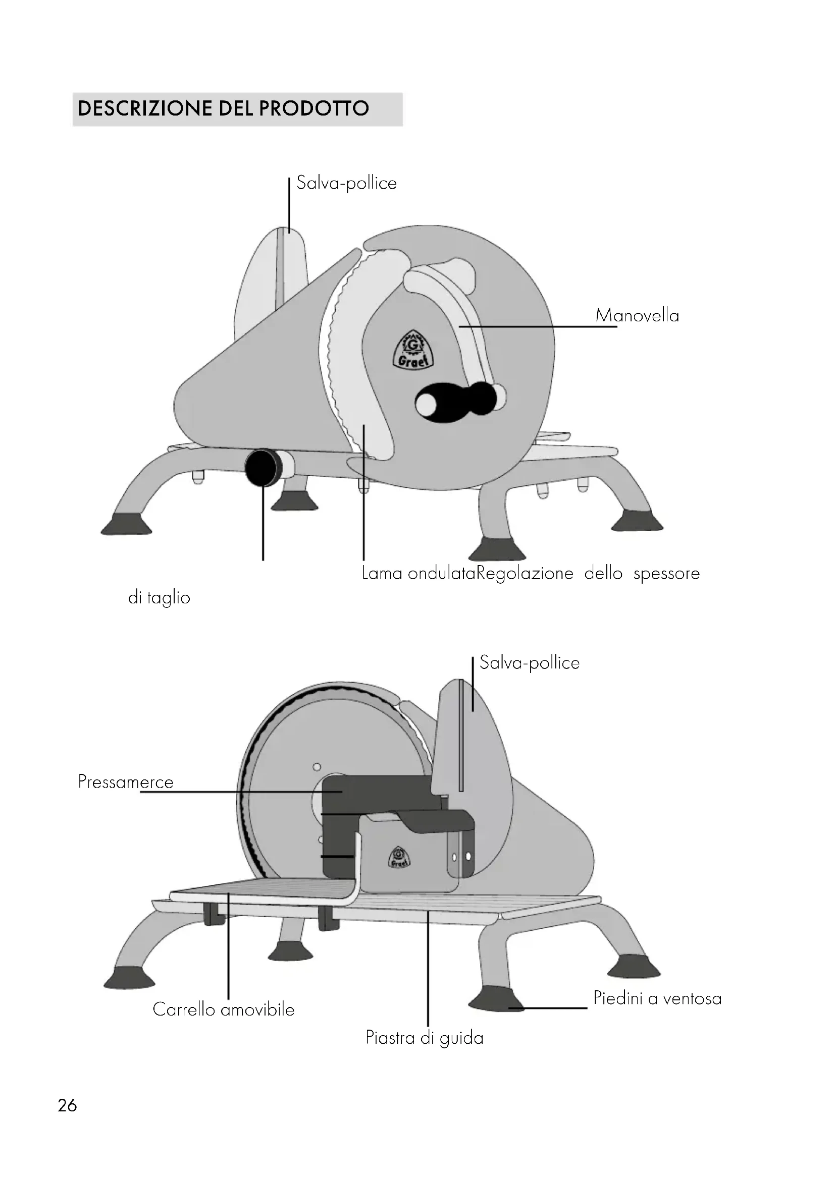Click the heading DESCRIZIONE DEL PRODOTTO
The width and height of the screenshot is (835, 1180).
[223, 108]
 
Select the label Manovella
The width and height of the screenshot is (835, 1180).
[637, 315]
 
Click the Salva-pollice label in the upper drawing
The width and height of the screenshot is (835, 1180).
[346, 184]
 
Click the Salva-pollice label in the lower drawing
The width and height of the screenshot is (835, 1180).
[530, 663]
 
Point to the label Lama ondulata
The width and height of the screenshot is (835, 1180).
[418, 574]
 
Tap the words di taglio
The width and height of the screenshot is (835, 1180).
[159, 598]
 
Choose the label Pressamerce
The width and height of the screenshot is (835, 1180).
[126, 782]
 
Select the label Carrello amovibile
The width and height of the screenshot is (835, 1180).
[224, 1009]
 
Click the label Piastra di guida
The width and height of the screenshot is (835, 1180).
[425, 1038]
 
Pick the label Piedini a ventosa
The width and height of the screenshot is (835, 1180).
[658, 998]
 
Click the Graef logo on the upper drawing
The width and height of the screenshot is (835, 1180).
[413, 349]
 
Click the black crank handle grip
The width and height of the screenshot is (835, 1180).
[457, 402]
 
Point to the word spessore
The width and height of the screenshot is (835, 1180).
[666, 574]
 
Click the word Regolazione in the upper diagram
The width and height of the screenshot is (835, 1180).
[525, 574]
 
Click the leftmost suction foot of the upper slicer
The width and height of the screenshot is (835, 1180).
[126, 524]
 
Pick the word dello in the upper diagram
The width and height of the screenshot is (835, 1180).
[603, 574]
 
